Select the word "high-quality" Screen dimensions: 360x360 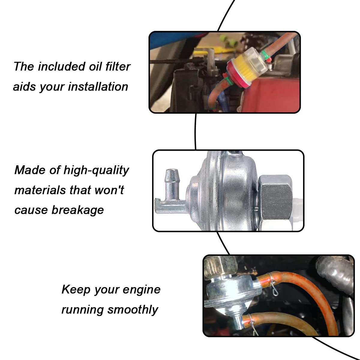pyautogui.click(x=96, y=170)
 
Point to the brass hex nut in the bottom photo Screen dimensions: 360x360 pyautogui.click(x=217, y=267)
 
